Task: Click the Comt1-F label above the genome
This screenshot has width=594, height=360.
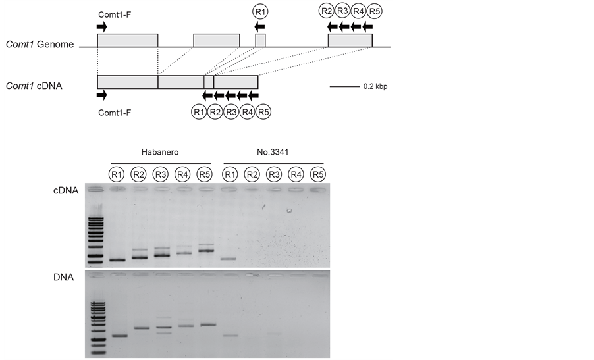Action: click(x=115, y=13)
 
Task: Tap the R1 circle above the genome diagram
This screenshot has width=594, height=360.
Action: click(x=260, y=11)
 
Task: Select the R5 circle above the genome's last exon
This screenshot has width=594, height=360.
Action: click(x=375, y=11)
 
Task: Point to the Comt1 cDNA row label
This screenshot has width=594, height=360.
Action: click(x=34, y=86)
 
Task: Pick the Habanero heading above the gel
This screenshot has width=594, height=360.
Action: click(x=160, y=151)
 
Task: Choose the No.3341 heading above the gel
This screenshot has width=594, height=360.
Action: click(x=273, y=151)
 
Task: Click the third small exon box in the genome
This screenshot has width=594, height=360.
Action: click(x=260, y=40)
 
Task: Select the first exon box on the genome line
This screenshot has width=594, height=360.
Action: click(x=127, y=40)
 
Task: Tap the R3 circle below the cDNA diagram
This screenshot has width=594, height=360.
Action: click(x=231, y=113)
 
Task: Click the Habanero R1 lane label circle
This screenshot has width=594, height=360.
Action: click(x=117, y=174)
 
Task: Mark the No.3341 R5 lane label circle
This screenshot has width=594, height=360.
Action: click(x=318, y=174)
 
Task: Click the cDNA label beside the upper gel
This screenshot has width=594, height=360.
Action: click(x=66, y=191)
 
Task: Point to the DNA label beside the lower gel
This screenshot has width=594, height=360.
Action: click(x=64, y=278)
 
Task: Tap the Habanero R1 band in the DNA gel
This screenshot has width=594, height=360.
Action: click(x=119, y=336)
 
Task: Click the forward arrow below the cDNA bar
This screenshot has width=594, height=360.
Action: click(x=101, y=95)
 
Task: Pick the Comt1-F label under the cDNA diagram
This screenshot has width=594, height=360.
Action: click(x=115, y=113)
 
